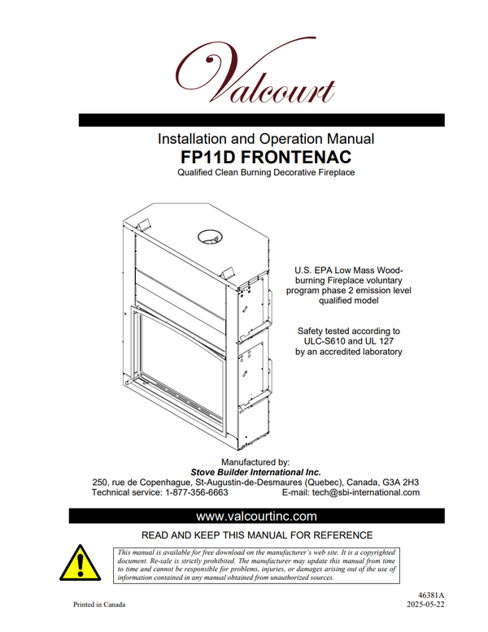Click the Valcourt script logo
point(255,71)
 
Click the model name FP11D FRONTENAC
point(266,157)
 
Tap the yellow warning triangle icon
point(80,563)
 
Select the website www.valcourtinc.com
point(256,516)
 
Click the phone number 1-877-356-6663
point(197,492)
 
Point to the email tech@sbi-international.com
point(366,492)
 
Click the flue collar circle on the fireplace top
point(210,236)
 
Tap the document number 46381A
point(431,595)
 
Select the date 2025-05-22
point(425,604)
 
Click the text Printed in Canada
point(99,604)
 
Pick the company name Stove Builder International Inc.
point(255,472)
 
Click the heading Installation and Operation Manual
point(266,139)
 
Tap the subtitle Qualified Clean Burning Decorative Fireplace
point(266,172)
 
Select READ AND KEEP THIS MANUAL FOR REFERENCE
point(257,535)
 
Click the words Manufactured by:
point(255,462)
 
